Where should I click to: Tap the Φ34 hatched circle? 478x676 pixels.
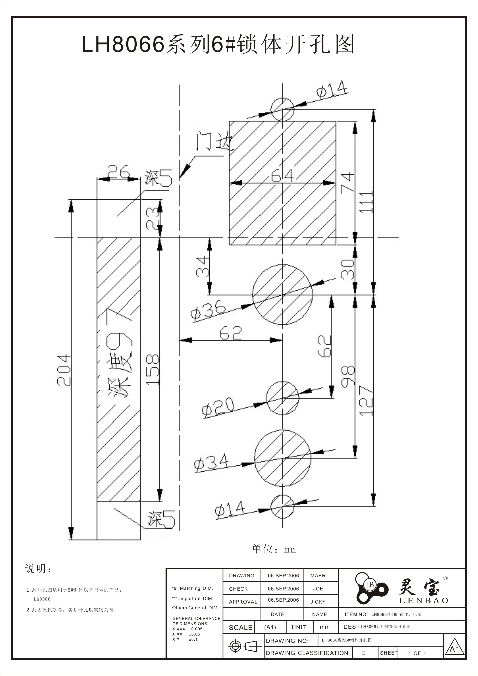click(283, 458)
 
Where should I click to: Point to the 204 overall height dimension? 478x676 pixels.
click(64, 370)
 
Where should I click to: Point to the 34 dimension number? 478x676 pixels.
click(203, 267)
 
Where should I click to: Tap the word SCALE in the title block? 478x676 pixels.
click(240, 627)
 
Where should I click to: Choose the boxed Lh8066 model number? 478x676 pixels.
click(42, 599)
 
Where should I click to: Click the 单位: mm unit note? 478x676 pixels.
click(274, 549)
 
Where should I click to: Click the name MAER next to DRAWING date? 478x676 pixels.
click(318, 576)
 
